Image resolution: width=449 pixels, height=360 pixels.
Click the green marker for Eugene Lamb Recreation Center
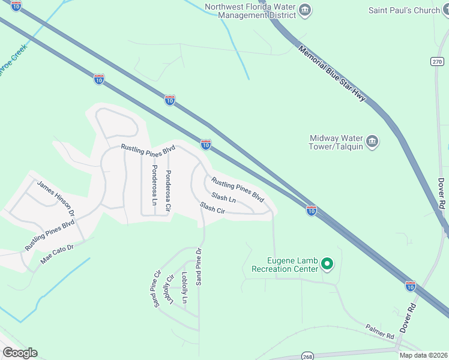point(327,263)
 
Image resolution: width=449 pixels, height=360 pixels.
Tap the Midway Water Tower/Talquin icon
point(372,142)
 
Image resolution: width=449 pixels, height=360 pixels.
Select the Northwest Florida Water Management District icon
point(305,9)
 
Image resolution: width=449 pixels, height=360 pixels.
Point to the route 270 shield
point(436,61)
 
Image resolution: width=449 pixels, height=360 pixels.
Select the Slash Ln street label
point(223,197)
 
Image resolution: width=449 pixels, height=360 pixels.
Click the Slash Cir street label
point(212,208)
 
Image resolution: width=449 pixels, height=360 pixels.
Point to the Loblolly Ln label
point(185,287)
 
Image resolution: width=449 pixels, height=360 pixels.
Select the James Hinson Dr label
point(55,199)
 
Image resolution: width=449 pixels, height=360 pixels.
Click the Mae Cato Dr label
point(56,254)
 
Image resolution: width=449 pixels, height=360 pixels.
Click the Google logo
point(20,353)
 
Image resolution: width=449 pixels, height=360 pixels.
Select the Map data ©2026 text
point(423,355)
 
